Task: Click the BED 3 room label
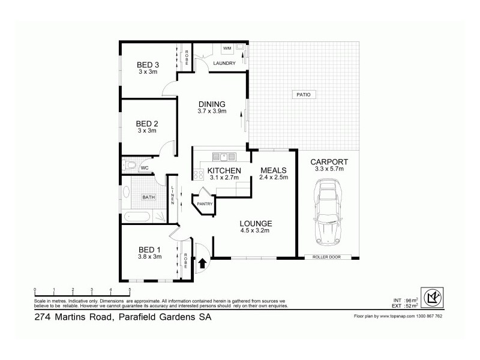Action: (148, 65)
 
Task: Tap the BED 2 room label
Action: (148, 123)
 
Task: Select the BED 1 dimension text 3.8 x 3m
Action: (150, 256)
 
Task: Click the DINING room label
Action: (211, 104)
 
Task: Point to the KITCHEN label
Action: (224, 171)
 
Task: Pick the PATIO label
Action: (301, 95)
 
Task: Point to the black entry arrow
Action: (202, 262)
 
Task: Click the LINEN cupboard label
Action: (172, 196)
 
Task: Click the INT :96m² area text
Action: (400, 300)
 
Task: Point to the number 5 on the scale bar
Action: (130, 290)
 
